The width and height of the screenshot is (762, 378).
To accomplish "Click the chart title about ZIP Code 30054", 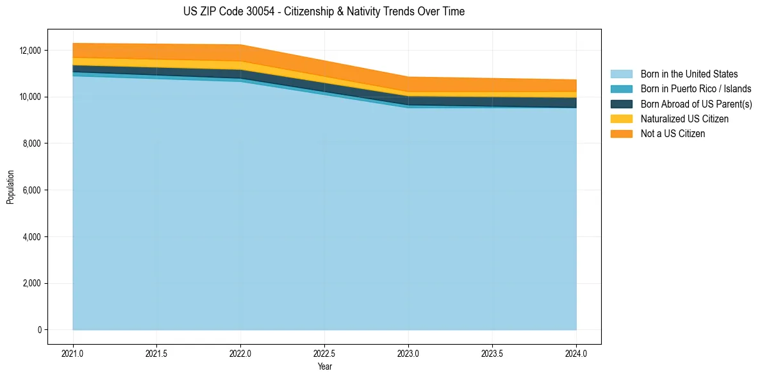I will pyautogui.click(x=324, y=12).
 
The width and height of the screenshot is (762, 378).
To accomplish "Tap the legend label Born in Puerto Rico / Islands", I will pyautogui.click(x=696, y=89).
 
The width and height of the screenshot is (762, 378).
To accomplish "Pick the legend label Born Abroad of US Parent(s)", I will pyautogui.click(x=696, y=104).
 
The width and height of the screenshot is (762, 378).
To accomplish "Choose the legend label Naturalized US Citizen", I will pyautogui.click(x=684, y=119).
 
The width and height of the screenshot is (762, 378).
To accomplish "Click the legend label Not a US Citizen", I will pyautogui.click(x=673, y=134).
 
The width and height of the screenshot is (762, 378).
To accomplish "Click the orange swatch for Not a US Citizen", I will pyautogui.click(x=621, y=134).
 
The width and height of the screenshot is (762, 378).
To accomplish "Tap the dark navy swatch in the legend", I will pyautogui.click(x=621, y=104).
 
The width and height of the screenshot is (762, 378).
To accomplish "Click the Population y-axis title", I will pyautogui.click(x=10, y=187).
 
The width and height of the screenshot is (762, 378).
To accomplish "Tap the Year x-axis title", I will pyautogui.click(x=324, y=366).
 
